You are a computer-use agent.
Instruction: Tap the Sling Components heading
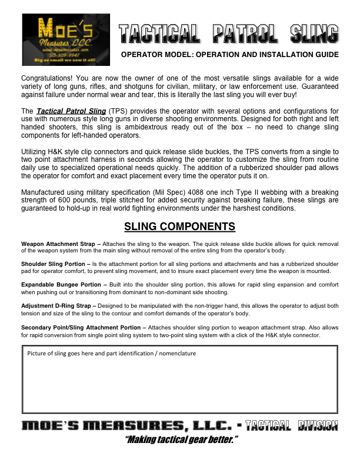[179, 227]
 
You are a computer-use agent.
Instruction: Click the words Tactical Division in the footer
[292, 425]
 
